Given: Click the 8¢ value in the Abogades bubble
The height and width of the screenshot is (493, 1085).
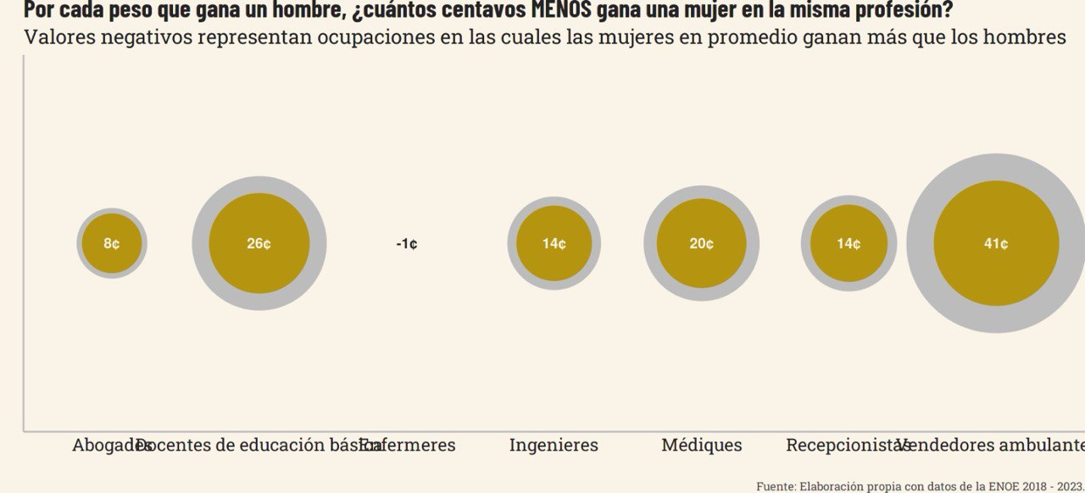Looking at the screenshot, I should (112, 244).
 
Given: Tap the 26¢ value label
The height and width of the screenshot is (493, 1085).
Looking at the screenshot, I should (259, 244).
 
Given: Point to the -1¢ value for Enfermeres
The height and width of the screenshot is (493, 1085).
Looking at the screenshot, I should (407, 244).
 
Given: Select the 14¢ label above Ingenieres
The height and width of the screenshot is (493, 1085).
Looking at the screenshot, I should (554, 244).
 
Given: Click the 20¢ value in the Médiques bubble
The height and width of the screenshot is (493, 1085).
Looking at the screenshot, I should (701, 244).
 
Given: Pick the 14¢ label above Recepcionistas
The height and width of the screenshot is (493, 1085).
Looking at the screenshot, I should (849, 244).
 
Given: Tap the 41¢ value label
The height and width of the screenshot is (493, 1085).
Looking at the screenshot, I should (996, 244).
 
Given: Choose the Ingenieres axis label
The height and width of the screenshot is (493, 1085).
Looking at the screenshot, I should (554, 445).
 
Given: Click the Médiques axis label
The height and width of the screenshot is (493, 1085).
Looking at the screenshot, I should (702, 445).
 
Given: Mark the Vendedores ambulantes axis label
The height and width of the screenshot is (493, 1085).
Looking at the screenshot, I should (992, 445).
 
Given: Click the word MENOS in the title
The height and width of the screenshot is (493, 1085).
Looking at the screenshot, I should (555, 11).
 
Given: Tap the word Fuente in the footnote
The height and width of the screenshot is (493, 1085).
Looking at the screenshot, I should (775, 485).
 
